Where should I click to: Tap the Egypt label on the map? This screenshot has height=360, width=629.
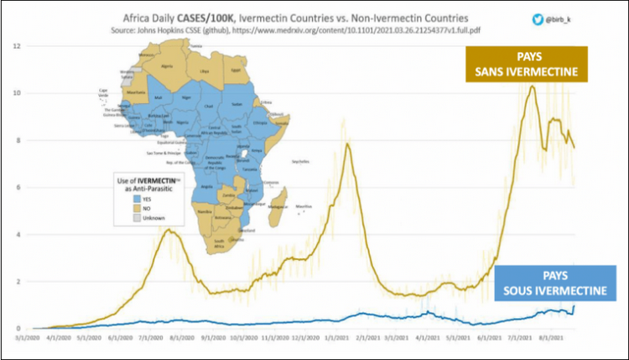(237, 70)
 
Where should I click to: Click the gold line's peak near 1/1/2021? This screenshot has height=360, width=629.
(346, 143)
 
